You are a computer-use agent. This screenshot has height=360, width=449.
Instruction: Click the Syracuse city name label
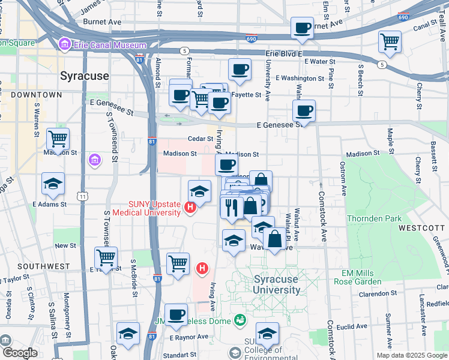85,76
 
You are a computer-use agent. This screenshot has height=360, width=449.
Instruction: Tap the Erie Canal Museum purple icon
65,45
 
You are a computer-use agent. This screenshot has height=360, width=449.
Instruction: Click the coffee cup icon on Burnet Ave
302,27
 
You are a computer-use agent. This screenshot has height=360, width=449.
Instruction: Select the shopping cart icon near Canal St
390,41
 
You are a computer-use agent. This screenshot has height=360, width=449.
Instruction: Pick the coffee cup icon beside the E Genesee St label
304,110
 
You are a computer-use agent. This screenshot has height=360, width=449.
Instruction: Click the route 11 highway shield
82,196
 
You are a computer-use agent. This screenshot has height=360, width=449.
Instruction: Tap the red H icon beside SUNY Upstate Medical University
190,208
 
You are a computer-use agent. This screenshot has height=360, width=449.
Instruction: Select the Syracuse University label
277,285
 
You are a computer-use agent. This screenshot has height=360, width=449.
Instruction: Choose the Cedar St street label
200,139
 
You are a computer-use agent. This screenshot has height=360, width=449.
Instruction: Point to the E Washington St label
300,78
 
